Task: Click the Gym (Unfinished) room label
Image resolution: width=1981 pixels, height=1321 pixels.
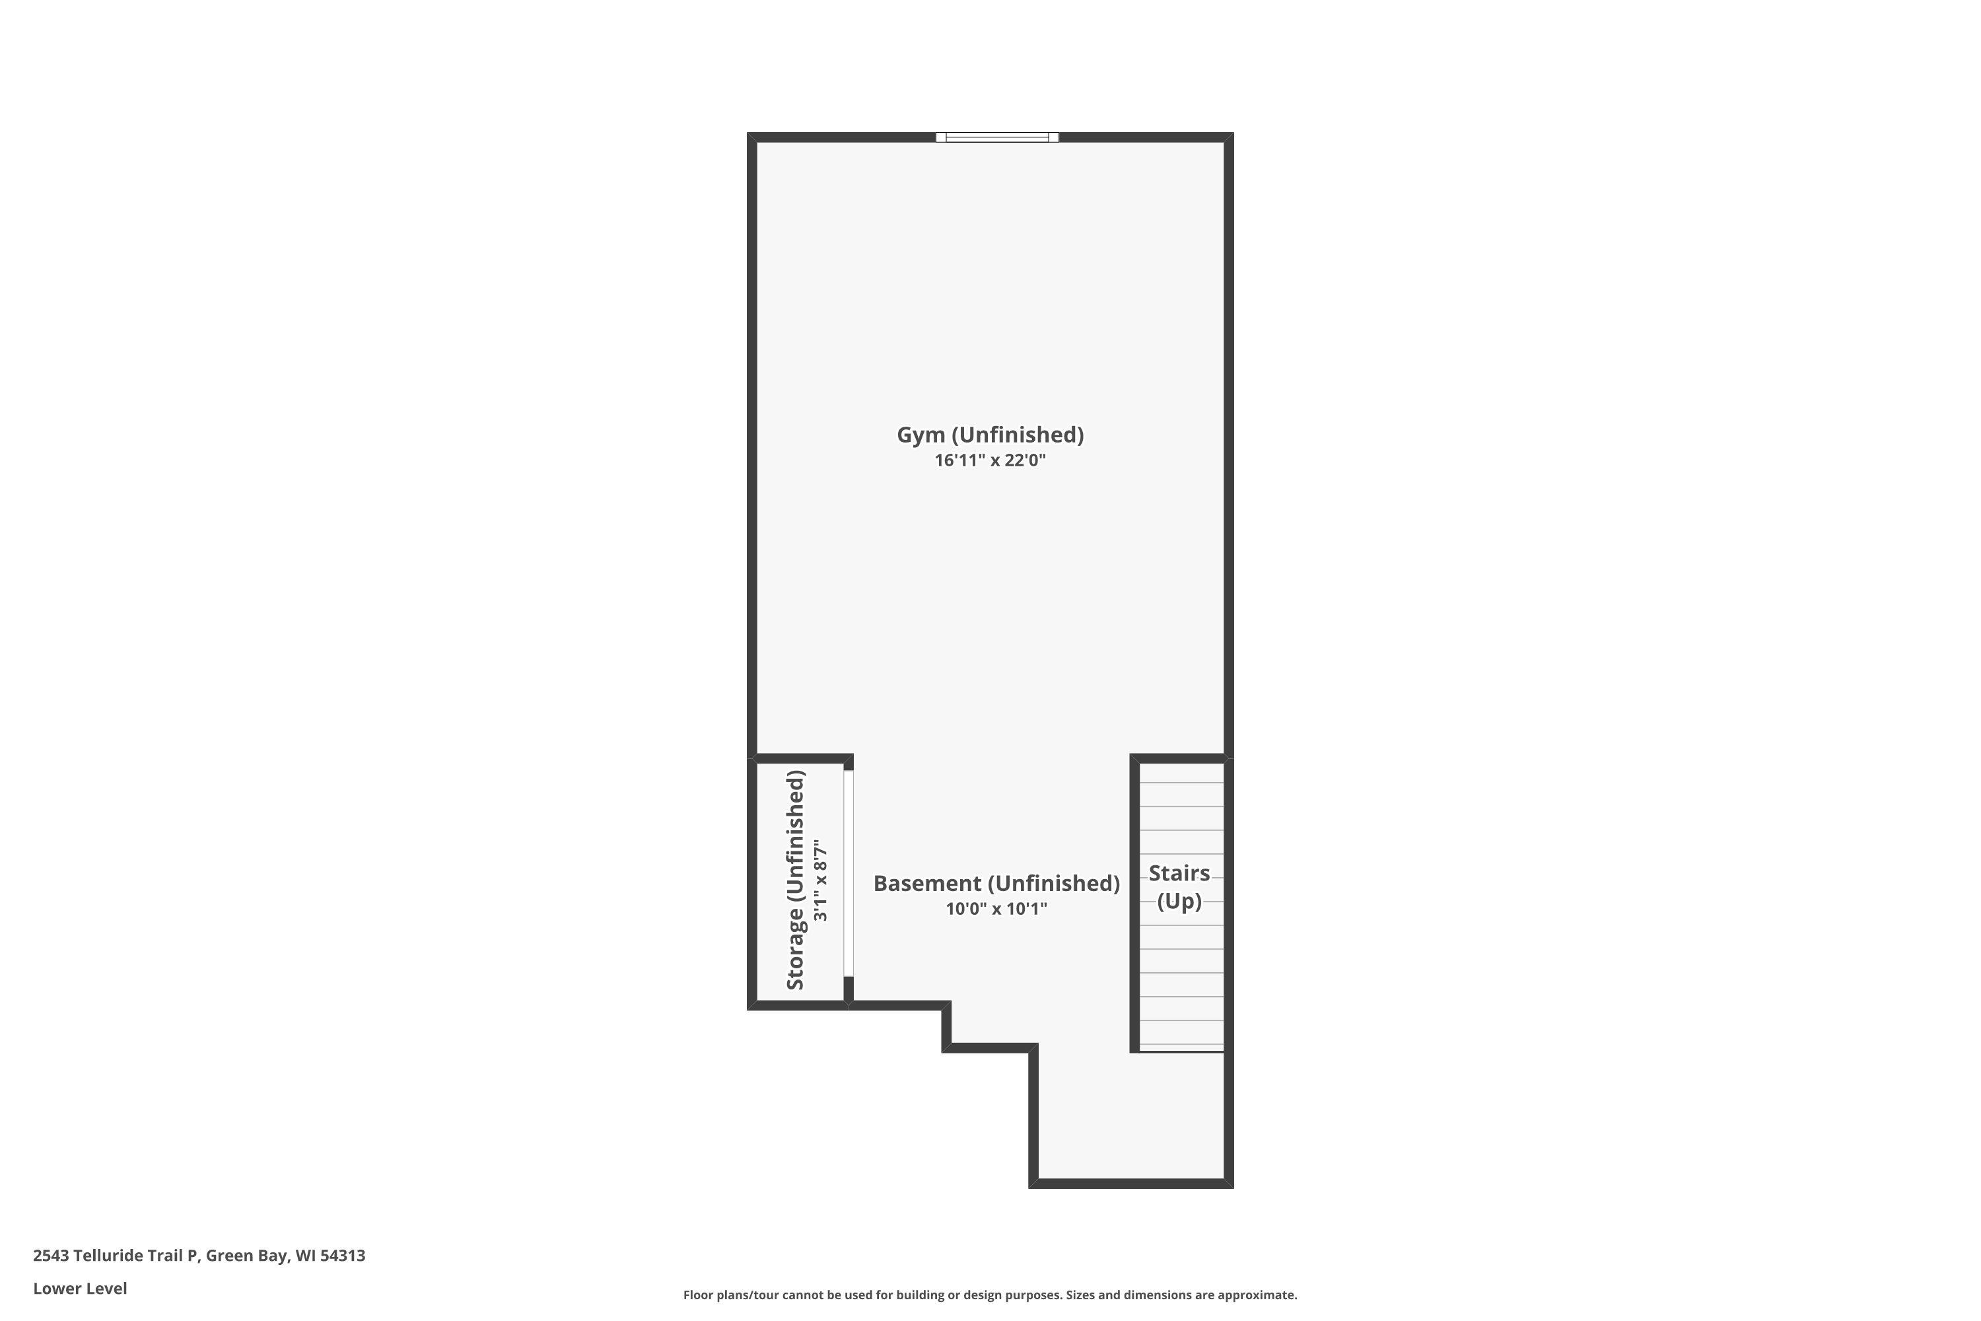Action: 990,435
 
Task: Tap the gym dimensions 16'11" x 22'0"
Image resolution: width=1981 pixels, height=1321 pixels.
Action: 990,460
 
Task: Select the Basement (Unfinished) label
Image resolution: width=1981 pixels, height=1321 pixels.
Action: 996,883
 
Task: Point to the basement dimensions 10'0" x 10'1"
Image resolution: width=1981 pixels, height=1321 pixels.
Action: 996,908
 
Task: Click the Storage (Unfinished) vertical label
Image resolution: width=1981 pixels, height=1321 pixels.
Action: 796,880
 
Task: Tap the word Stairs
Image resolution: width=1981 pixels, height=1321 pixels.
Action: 1179,873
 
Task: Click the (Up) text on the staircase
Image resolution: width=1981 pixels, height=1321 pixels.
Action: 1179,901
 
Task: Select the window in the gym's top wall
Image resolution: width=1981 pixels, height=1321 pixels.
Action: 997,137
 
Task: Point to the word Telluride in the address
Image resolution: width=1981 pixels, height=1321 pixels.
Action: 109,1256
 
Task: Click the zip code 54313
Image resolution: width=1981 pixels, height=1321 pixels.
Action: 343,1256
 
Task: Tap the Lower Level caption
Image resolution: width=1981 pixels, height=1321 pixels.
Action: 80,1288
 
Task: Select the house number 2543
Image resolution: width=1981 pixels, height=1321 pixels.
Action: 51,1256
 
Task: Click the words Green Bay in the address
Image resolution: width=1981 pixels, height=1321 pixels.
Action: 246,1256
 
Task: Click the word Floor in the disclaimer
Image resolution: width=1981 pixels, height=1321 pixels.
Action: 697,1295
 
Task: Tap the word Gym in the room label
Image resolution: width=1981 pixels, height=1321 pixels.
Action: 921,435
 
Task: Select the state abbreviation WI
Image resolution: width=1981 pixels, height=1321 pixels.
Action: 305,1256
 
